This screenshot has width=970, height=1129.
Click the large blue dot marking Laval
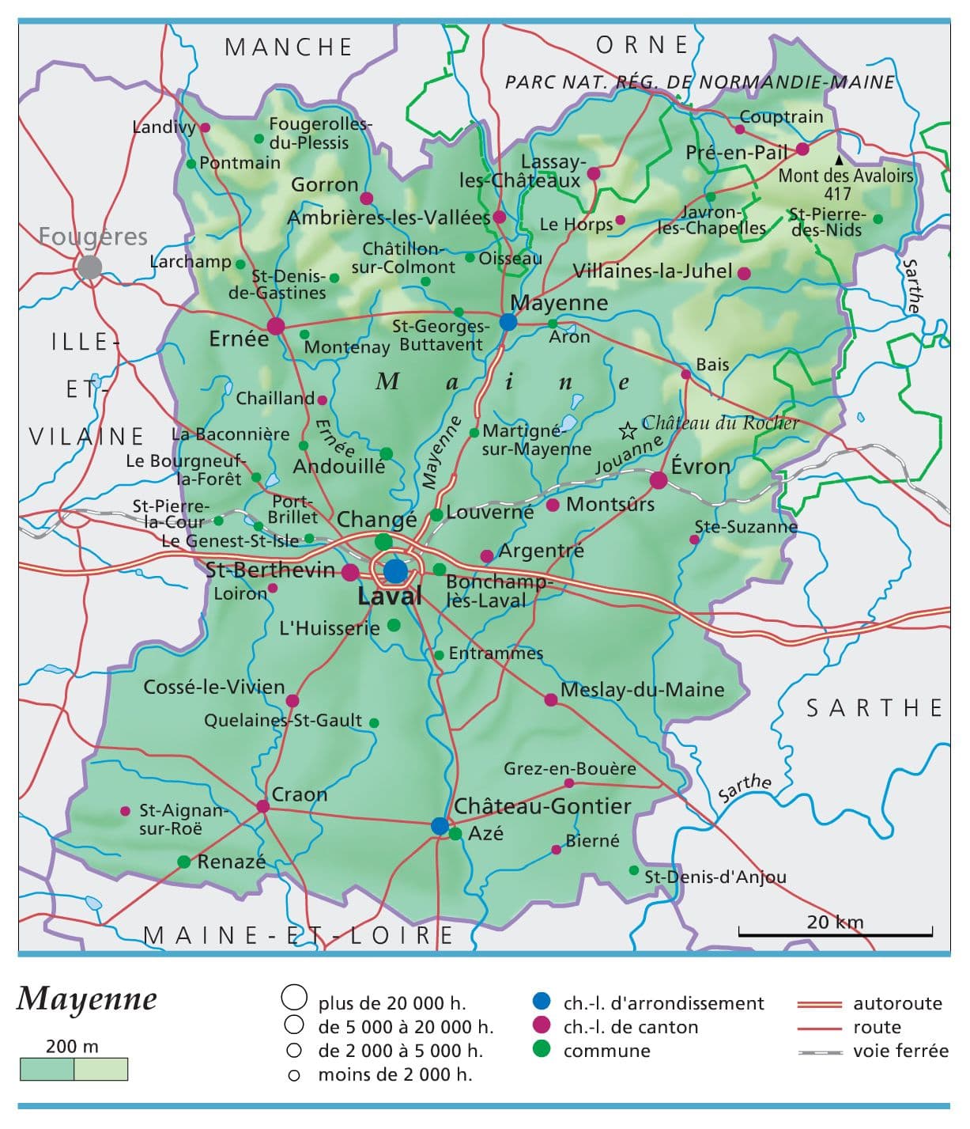[x=395, y=571]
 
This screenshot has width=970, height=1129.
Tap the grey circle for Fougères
[x=89, y=267]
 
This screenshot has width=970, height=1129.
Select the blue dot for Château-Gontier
[x=440, y=826]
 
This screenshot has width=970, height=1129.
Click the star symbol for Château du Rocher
[x=628, y=430]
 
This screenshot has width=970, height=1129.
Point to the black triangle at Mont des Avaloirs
[x=839, y=160]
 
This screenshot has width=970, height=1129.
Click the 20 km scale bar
[x=835, y=934]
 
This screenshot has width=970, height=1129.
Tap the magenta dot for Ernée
[x=276, y=326]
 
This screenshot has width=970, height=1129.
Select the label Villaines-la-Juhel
[x=652, y=271]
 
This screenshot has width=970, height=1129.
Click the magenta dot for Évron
[x=659, y=480]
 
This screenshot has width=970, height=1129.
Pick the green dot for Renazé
[x=184, y=862]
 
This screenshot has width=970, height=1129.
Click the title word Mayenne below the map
[x=87, y=999]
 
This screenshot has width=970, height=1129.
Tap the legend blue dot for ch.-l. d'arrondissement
[x=542, y=1002]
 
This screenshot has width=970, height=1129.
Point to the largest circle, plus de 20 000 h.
[x=294, y=998]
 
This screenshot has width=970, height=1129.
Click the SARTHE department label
[x=874, y=708]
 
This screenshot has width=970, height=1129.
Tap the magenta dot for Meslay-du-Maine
[x=551, y=699]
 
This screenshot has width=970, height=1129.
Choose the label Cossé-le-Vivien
[x=213, y=687]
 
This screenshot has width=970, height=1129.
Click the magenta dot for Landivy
[x=205, y=127]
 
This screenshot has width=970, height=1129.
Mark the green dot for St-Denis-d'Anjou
[x=633, y=870]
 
